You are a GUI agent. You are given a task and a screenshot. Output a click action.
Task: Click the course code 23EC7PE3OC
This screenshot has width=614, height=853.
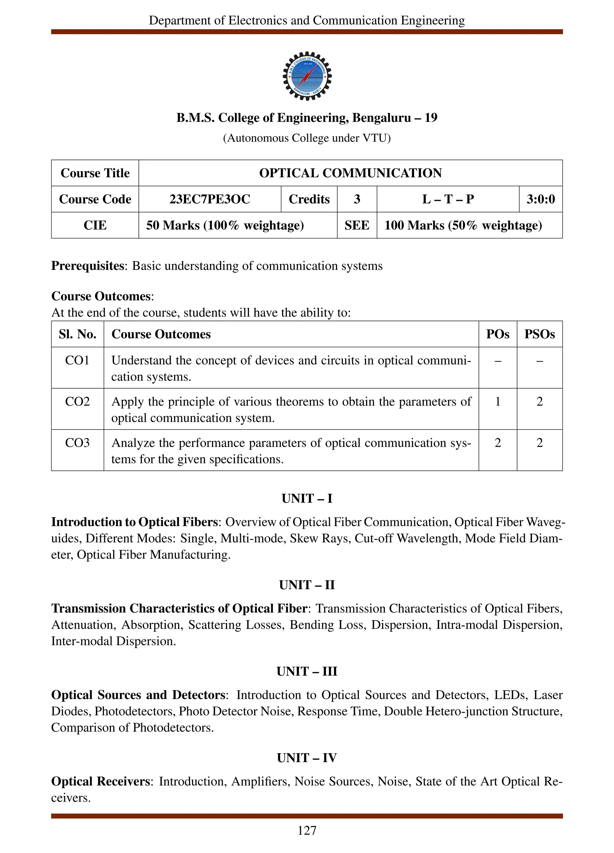pyautogui.click(x=210, y=199)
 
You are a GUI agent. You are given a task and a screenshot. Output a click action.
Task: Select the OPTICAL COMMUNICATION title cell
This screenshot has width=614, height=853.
pyautogui.click(x=350, y=173)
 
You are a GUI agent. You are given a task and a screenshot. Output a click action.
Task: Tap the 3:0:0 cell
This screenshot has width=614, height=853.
pyautogui.click(x=540, y=199)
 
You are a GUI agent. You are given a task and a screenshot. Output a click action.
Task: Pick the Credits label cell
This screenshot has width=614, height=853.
pyautogui.click(x=309, y=199)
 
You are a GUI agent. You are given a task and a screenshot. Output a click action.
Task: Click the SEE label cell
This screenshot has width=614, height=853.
pyautogui.click(x=356, y=225)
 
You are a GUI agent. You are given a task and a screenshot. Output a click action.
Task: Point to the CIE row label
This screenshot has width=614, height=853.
pyautogui.click(x=95, y=225)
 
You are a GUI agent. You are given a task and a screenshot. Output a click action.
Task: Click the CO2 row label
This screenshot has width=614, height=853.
pyautogui.click(x=77, y=402)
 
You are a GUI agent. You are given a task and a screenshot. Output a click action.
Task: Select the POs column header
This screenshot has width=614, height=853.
pyautogui.click(x=497, y=334)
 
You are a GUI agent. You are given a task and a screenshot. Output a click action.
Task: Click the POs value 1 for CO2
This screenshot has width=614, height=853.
pyautogui.click(x=497, y=402)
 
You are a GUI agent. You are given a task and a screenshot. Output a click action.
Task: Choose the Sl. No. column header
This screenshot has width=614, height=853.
pyautogui.click(x=77, y=334)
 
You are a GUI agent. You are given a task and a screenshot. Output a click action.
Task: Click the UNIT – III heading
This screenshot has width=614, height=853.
pyautogui.click(x=307, y=671)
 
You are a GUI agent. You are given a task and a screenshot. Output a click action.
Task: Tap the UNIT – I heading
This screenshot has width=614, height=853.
pyautogui.click(x=307, y=498)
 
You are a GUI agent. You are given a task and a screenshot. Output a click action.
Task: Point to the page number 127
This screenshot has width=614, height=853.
pyautogui.click(x=307, y=831)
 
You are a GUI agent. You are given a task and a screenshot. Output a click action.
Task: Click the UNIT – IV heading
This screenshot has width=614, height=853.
pyautogui.click(x=307, y=758)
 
